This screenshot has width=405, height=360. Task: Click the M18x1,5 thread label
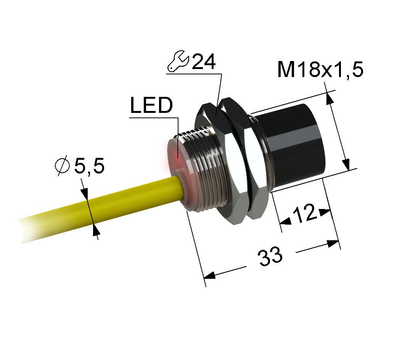pos(320,69)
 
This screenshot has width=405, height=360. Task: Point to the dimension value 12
pos(305,214)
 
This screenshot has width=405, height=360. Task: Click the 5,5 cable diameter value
pos(89,166)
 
